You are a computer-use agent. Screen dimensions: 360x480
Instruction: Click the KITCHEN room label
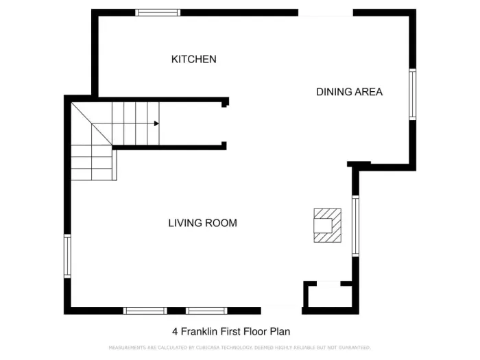[x=193, y=60]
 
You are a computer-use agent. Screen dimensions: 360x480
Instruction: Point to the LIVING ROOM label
[x=202, y=223]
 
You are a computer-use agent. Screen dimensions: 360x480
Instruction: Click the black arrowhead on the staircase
[x=156, y=123]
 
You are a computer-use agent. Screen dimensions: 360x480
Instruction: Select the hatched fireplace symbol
[x=326, y=225]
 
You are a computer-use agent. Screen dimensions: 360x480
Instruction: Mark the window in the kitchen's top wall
[x=158, y=12]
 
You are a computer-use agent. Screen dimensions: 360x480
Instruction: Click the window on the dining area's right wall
[x=412, y=95]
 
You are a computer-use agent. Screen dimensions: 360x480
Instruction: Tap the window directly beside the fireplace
[x=355, y=226]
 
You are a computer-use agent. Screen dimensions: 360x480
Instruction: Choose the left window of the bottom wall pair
[x=145, y=311]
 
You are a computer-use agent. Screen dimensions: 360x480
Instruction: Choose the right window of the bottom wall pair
[x=206, y=311]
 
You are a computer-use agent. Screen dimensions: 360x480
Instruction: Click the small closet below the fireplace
[x=328, y=297]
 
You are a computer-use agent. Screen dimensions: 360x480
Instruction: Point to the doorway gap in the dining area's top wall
[x=325, y=12]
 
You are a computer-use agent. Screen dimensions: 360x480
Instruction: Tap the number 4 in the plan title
[x=175, y=331]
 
